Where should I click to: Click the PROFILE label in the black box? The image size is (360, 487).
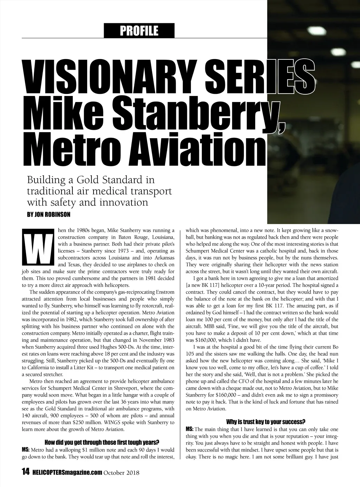[x=139, y=31]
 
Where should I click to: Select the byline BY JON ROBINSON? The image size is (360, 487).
[x=49, y=214]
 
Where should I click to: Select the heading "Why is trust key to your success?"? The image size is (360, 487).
[x=265, y=422]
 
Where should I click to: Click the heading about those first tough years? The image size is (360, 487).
[x=102, y=442]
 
